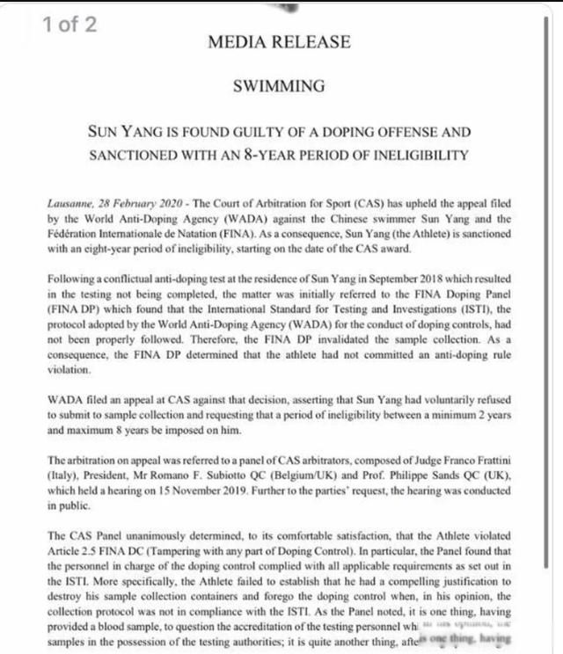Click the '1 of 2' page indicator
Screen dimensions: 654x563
(69, 24)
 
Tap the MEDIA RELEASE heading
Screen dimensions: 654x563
(279, 41)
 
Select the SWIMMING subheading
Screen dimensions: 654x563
(279, 86)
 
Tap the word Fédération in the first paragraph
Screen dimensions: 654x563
(74, 232)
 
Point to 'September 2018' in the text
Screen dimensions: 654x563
(384, 279)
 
